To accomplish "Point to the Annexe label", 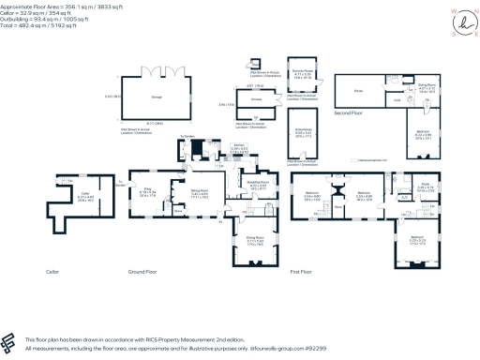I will tap(255, 97).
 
